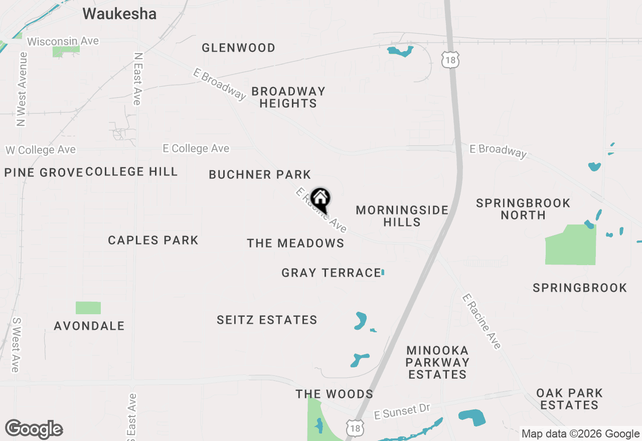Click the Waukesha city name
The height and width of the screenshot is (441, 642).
119,14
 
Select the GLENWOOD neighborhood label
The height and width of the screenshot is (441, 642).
238,48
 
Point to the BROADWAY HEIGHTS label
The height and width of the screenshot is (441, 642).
288,97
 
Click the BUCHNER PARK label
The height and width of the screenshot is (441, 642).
260,174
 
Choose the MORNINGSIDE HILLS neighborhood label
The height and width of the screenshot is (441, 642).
402,216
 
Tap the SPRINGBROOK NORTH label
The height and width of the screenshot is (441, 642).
523,209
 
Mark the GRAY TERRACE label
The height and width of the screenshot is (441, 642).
331,273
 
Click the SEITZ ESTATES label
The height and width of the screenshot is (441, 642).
267,320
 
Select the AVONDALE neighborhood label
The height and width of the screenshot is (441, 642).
89,326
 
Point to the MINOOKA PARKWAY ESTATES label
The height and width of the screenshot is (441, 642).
437,362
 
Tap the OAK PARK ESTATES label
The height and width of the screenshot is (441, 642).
569,399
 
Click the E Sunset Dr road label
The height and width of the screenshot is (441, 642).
403,412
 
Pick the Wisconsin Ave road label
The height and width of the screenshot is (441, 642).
63,41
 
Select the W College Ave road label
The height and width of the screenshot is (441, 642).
41,150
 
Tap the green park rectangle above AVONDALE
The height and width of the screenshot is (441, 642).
88,308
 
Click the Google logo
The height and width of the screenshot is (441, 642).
34,429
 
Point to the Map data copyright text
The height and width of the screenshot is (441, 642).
580,434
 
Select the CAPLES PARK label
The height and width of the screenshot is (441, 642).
153,240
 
